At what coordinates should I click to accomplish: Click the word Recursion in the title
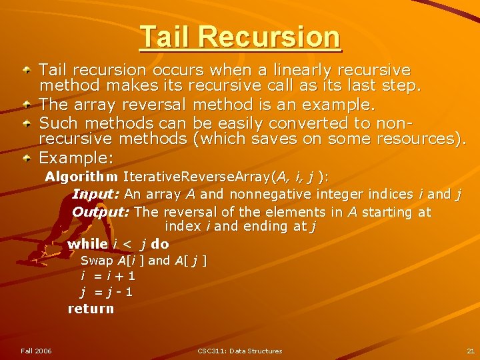coord(279,37)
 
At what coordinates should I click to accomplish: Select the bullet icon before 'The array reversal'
coord(25,105)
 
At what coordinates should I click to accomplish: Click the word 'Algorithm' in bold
coord(82,177)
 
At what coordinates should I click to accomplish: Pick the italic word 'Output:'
coord(101,212)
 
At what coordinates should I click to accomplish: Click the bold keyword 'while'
coord(87,244)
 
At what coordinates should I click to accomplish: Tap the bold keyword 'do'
coord(161,244)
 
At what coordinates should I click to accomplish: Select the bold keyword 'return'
coord(91,309)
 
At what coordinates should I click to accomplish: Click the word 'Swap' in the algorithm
coord(96,260)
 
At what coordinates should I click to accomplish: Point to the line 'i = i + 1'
coord(108,275)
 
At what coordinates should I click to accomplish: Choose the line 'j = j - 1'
coord(107,291)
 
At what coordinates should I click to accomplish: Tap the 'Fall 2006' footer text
coord(36,351)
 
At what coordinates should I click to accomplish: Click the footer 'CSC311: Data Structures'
coord(240,351)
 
